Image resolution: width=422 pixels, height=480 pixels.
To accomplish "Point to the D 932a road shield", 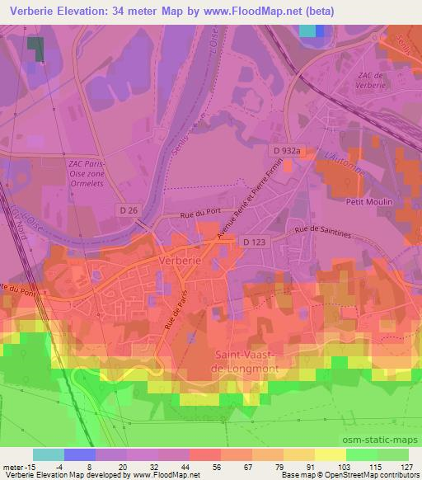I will tap(289, 150).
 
